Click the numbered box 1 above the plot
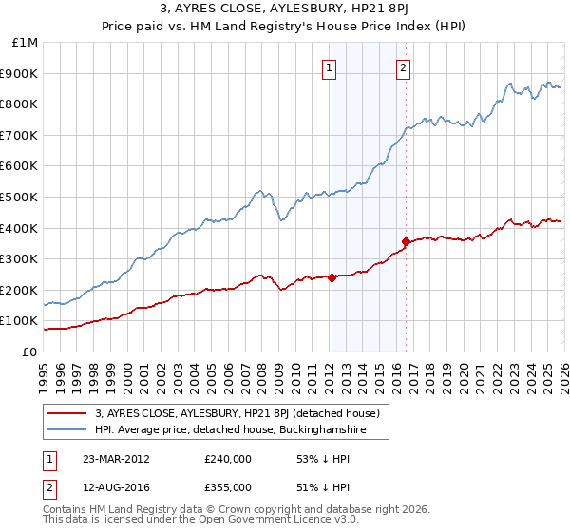[329, 67]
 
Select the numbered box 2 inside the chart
[404, 67]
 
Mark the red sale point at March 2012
[332, 277]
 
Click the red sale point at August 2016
[406, 241]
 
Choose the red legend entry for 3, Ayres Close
[237, 413]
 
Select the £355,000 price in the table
[228, 486]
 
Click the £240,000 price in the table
[228, 459]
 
